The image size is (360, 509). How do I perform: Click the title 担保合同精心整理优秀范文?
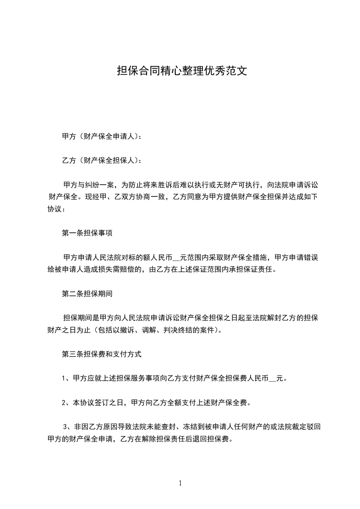pos(182,71)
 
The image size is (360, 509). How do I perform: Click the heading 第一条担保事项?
pos(87,233)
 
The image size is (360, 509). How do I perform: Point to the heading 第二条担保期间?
pos(87,294)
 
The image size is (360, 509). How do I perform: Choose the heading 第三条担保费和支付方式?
pos(102,354)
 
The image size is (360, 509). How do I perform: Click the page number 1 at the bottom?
pos(180,483)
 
